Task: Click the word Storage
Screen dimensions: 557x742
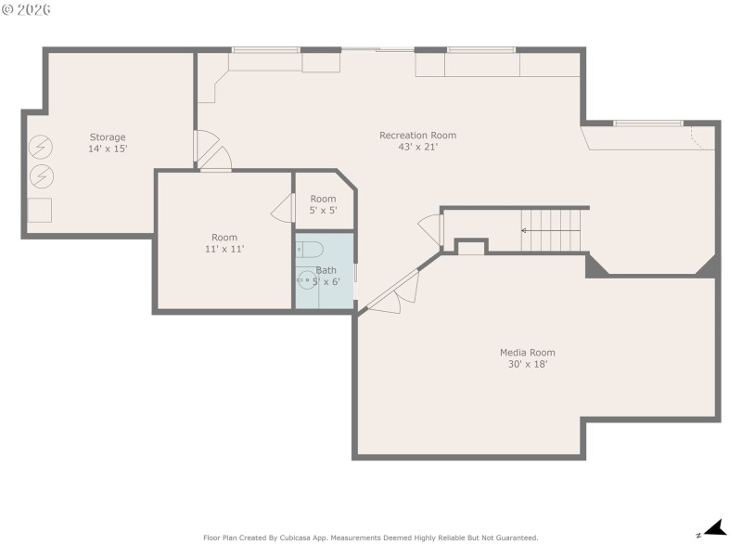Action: coord(108,137)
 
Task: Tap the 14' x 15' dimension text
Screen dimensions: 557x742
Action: coord(108,149)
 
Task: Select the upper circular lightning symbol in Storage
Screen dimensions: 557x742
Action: coord(42,147)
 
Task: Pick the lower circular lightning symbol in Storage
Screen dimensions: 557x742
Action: coord(42,175)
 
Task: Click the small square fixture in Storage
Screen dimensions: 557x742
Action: coord(40,210)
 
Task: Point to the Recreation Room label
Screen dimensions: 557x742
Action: coord(417,136)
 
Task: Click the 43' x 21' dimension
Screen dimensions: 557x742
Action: coord(417,147)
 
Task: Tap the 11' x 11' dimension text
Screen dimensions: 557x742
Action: coord(224,249)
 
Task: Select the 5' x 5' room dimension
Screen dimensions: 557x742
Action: coord(323,211)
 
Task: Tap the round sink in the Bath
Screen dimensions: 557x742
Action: coord(307,279)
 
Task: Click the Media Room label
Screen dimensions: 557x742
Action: coord(527,353)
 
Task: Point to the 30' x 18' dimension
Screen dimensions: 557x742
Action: coord(527,364)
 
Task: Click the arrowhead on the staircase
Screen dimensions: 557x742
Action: coord(524,230)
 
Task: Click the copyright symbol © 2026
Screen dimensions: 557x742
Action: coord(27,9)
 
